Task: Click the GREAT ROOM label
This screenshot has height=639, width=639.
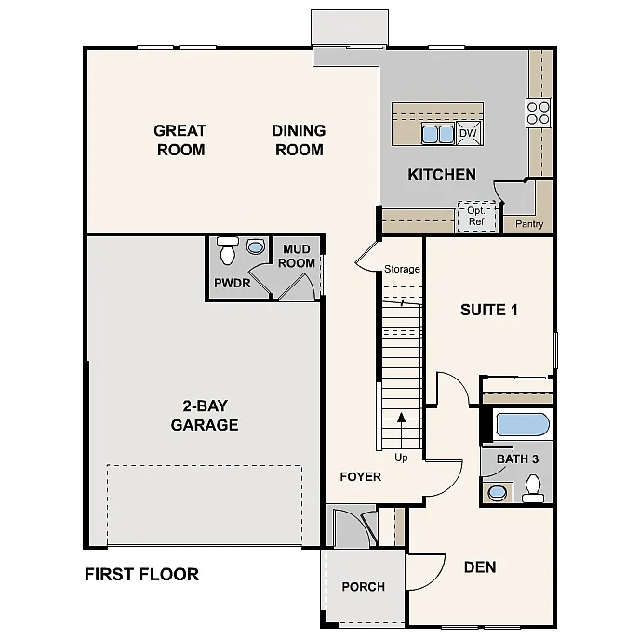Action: click(x=180, y=140)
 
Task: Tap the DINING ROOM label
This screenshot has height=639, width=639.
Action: click(x=299, y=140)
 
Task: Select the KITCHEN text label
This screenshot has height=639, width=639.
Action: click(x=442, y=174)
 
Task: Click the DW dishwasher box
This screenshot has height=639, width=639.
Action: click(x=469, y=134)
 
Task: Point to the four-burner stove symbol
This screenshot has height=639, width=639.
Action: click(x=539, y=112)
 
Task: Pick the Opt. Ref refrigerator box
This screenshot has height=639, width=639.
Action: click(x=476, y=216)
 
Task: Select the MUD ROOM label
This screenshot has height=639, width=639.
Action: click(x=299, y=256)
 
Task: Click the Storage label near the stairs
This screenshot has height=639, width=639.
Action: click(x=402, y=270)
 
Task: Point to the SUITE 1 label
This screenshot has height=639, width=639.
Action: click(x=488, y=310)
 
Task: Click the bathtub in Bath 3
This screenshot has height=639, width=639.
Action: click(x=522, y=425)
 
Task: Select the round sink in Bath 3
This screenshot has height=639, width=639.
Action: click(x=499, y=492)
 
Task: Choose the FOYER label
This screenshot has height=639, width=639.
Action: click(x=360, y=476)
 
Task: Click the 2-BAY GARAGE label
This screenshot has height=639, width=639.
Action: click(x=205, y=416)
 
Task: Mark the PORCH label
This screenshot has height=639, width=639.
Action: click(x=363, y=586)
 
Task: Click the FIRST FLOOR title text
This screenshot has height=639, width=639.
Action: click(x=141, y=574)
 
